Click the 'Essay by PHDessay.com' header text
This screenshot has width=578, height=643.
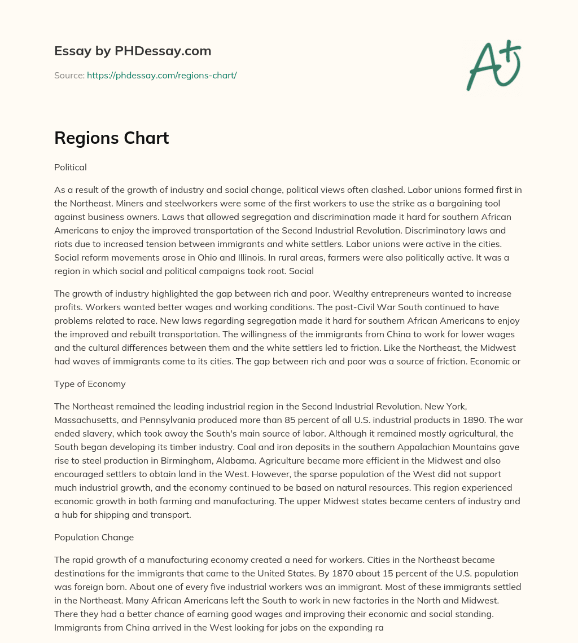coord(133,51)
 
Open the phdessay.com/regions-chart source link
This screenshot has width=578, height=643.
coord(161,75)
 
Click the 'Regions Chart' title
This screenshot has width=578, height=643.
coord(111,138)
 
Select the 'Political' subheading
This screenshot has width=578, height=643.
coord(70,168)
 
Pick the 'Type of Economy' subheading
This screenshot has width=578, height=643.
coord(90,384)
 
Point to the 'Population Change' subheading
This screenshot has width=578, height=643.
coord(94,538)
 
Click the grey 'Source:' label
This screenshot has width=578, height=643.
coord(69,75)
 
